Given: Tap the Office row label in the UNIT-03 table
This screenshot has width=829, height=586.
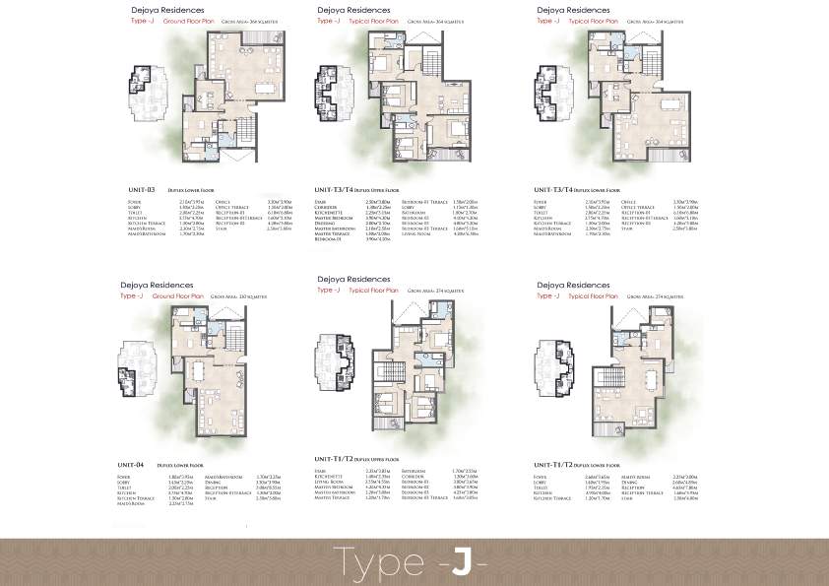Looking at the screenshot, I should (x=222, y=200).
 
